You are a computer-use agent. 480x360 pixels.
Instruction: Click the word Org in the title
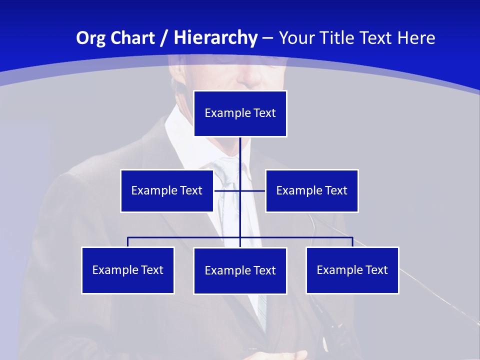click(93, 38)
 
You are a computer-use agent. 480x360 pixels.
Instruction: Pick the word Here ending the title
click(414, 38)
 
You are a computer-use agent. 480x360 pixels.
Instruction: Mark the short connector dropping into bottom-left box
click(128, 242)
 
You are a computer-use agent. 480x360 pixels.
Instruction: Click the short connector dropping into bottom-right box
click(352, 242)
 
